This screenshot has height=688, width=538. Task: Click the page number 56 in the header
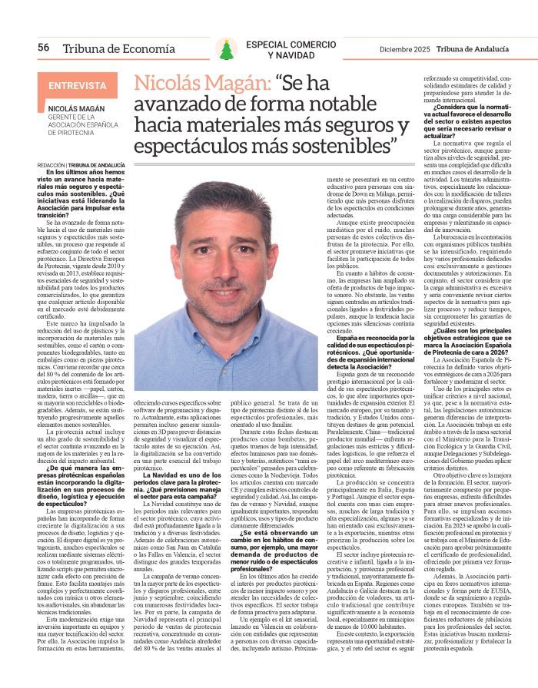point(43,48)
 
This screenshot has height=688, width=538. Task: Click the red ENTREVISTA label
point(78,86)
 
